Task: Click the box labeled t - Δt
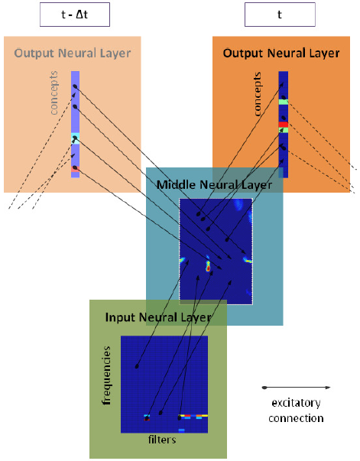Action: [x=75, y=15]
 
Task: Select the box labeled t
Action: [x=280, y=15]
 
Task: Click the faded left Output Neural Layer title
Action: [x=73, y=54]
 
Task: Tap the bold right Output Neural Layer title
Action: [x=281, y=54]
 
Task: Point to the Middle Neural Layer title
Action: [x=214, y=185]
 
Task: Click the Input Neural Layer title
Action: [x=158, y=317]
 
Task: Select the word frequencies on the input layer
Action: [x=106, y=375]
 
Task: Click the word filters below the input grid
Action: [x=162, y=440]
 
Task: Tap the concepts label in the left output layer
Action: [x=54, y=93]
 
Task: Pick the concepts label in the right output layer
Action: [x=257, y=94]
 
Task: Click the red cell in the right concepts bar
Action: [x=284, y=125]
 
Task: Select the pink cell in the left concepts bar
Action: [x=75, y=169]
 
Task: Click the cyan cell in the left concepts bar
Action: [x=75, y=138]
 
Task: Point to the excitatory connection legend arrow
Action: [x=297, y=388]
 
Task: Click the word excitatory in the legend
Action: [x=296, y=403]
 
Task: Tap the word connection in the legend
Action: [x=296, y=418]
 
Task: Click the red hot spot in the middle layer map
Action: [x=208, y=268]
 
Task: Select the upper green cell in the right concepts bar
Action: [x=284, y=102]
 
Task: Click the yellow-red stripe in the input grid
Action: [x=194, y=416]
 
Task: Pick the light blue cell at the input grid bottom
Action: [x=181, y=430]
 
